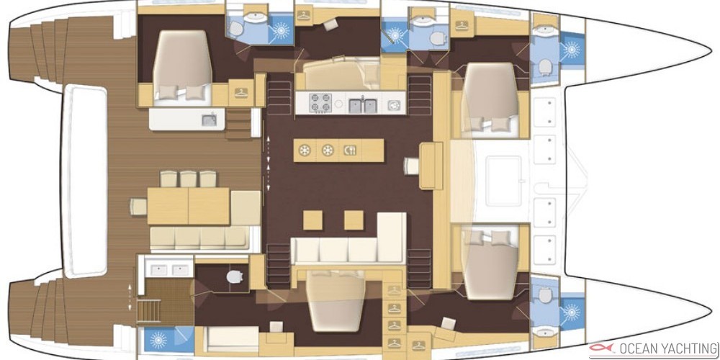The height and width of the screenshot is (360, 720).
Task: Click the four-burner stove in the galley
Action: pos(320,103)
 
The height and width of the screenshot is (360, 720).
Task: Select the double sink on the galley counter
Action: pos(362,105)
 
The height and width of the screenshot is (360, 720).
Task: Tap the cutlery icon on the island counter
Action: pos(349,150)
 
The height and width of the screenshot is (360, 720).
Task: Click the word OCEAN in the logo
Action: pos(634,348)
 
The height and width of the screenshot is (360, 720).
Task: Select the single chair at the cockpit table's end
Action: pos(138,206)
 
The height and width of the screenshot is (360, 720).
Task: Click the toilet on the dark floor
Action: pos(235,277)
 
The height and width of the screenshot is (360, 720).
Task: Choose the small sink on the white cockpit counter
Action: pos(209,120)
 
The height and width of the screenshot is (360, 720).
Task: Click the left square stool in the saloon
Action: pos(312,220)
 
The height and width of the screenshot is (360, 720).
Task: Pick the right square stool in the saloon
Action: pos(354,220)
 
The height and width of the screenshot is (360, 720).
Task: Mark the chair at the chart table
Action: pos(411,166)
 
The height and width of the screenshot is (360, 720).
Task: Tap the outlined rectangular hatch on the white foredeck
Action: pos(504,181)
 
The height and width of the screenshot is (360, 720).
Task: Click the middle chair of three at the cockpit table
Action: pos(188,179)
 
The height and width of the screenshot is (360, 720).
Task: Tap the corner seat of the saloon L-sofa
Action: pos(391,238)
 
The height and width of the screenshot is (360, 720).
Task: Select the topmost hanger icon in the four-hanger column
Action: pos(394,290)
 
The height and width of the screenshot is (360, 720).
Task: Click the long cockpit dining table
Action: pos(188,206)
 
